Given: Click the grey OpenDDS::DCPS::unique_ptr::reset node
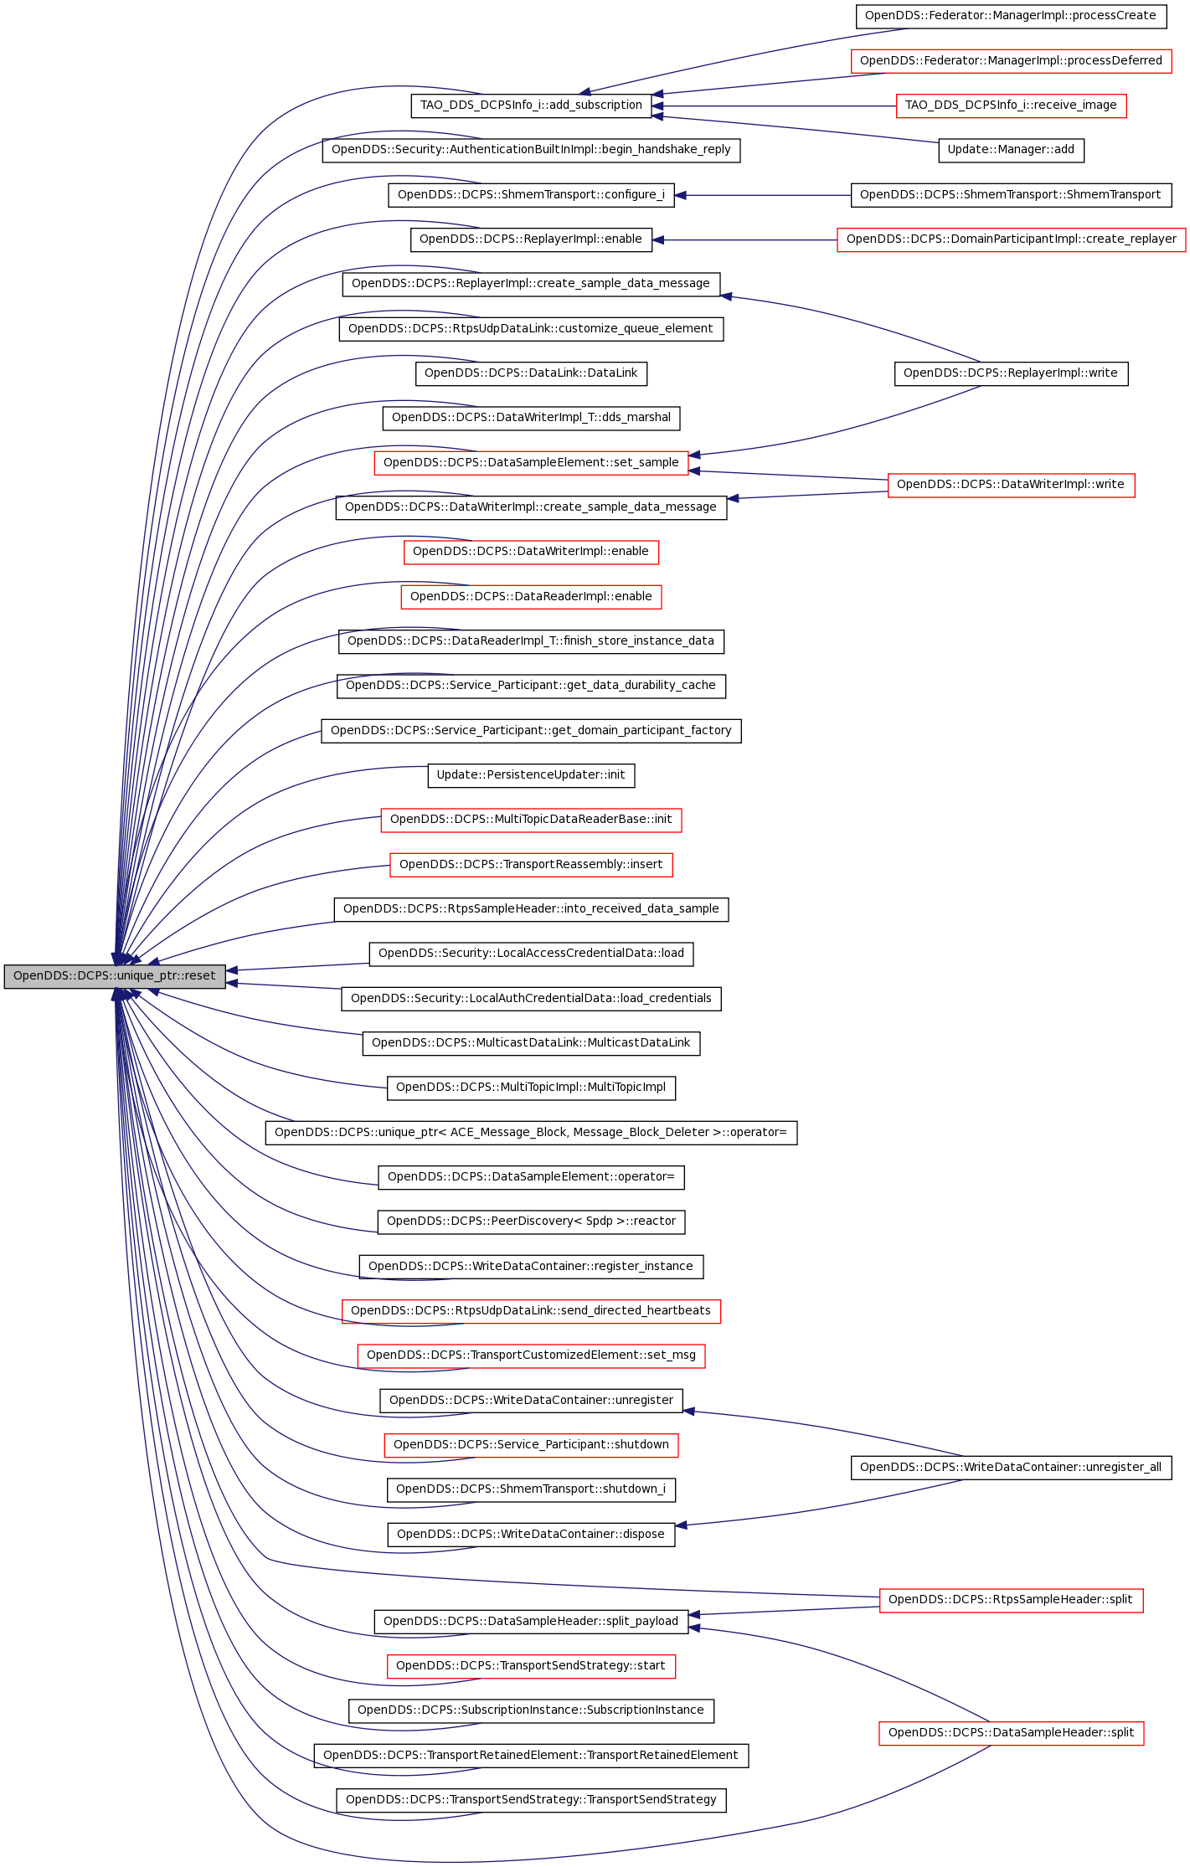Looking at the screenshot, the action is (115, 976).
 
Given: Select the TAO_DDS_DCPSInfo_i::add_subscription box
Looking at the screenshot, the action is (531, 105).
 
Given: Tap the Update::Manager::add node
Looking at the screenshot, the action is (1011, 150).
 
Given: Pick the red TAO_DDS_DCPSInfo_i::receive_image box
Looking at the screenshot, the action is (1011, 105).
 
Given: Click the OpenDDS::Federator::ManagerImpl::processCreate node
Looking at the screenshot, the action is (1011, 16).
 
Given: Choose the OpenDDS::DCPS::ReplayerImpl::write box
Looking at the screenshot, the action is (1011, 373).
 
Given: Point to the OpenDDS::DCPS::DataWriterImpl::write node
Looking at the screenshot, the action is (1011, 485).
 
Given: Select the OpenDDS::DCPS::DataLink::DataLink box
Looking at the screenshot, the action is (531, 373).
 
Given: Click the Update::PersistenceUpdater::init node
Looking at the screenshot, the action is (531, 775).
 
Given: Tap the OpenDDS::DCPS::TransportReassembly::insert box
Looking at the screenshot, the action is (531, 865).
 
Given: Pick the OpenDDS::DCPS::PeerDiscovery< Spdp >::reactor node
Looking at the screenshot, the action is (531, 1222).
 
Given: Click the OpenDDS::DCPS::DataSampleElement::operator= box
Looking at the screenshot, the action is (531, 1177).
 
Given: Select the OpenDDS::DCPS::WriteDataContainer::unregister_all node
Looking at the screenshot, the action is (1011, 1468).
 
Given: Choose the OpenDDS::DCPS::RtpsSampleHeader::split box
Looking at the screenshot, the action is (1011, 1600).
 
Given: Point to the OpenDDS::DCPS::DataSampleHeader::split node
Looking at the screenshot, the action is (1011, 1733).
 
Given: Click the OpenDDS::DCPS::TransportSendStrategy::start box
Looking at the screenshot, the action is (531, 1666).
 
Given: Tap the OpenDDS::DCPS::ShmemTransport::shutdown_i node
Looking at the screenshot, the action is (531, 1489).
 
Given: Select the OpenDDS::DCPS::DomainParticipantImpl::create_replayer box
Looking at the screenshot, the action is (1011, 239).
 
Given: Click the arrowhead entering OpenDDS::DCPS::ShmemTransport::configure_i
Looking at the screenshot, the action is (680, 195).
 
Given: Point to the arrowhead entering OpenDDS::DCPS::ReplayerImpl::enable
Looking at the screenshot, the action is (657, 239).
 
